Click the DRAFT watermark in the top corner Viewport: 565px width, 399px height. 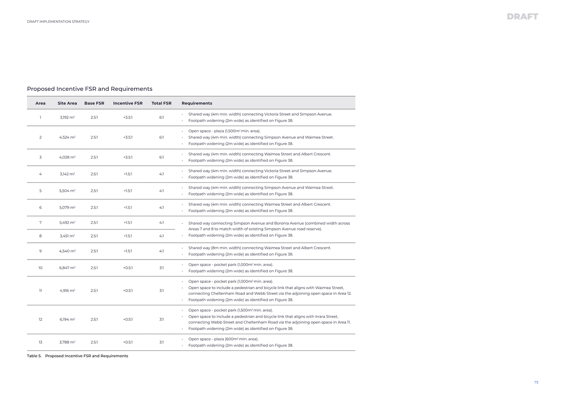point(522,16)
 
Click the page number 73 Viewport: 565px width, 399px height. point(536,383)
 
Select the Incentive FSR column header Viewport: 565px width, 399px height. point(128,103)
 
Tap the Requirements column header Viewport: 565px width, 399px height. point(197,103)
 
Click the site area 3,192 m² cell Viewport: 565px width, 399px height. point(67,117)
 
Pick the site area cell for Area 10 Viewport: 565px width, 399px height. point(67,268)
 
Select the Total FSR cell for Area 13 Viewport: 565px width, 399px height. point(161,342)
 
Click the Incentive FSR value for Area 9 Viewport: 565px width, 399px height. point(128,251)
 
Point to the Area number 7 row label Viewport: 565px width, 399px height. point(40,222)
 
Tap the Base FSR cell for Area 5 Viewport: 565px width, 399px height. point(94,191)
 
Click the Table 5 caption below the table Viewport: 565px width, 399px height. point(77,356)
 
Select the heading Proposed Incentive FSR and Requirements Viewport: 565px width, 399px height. point(89,89)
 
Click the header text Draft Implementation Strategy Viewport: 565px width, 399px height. point(58,22)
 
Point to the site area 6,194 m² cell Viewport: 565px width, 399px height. point(67,319)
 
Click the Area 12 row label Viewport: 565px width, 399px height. point(40,319)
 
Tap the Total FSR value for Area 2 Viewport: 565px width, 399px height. point(161,137)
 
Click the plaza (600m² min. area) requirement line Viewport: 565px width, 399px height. point(223,339)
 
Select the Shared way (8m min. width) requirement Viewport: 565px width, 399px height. point(260,248)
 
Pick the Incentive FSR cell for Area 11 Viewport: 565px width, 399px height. point(128,290)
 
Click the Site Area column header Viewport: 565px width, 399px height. point(67,103)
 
